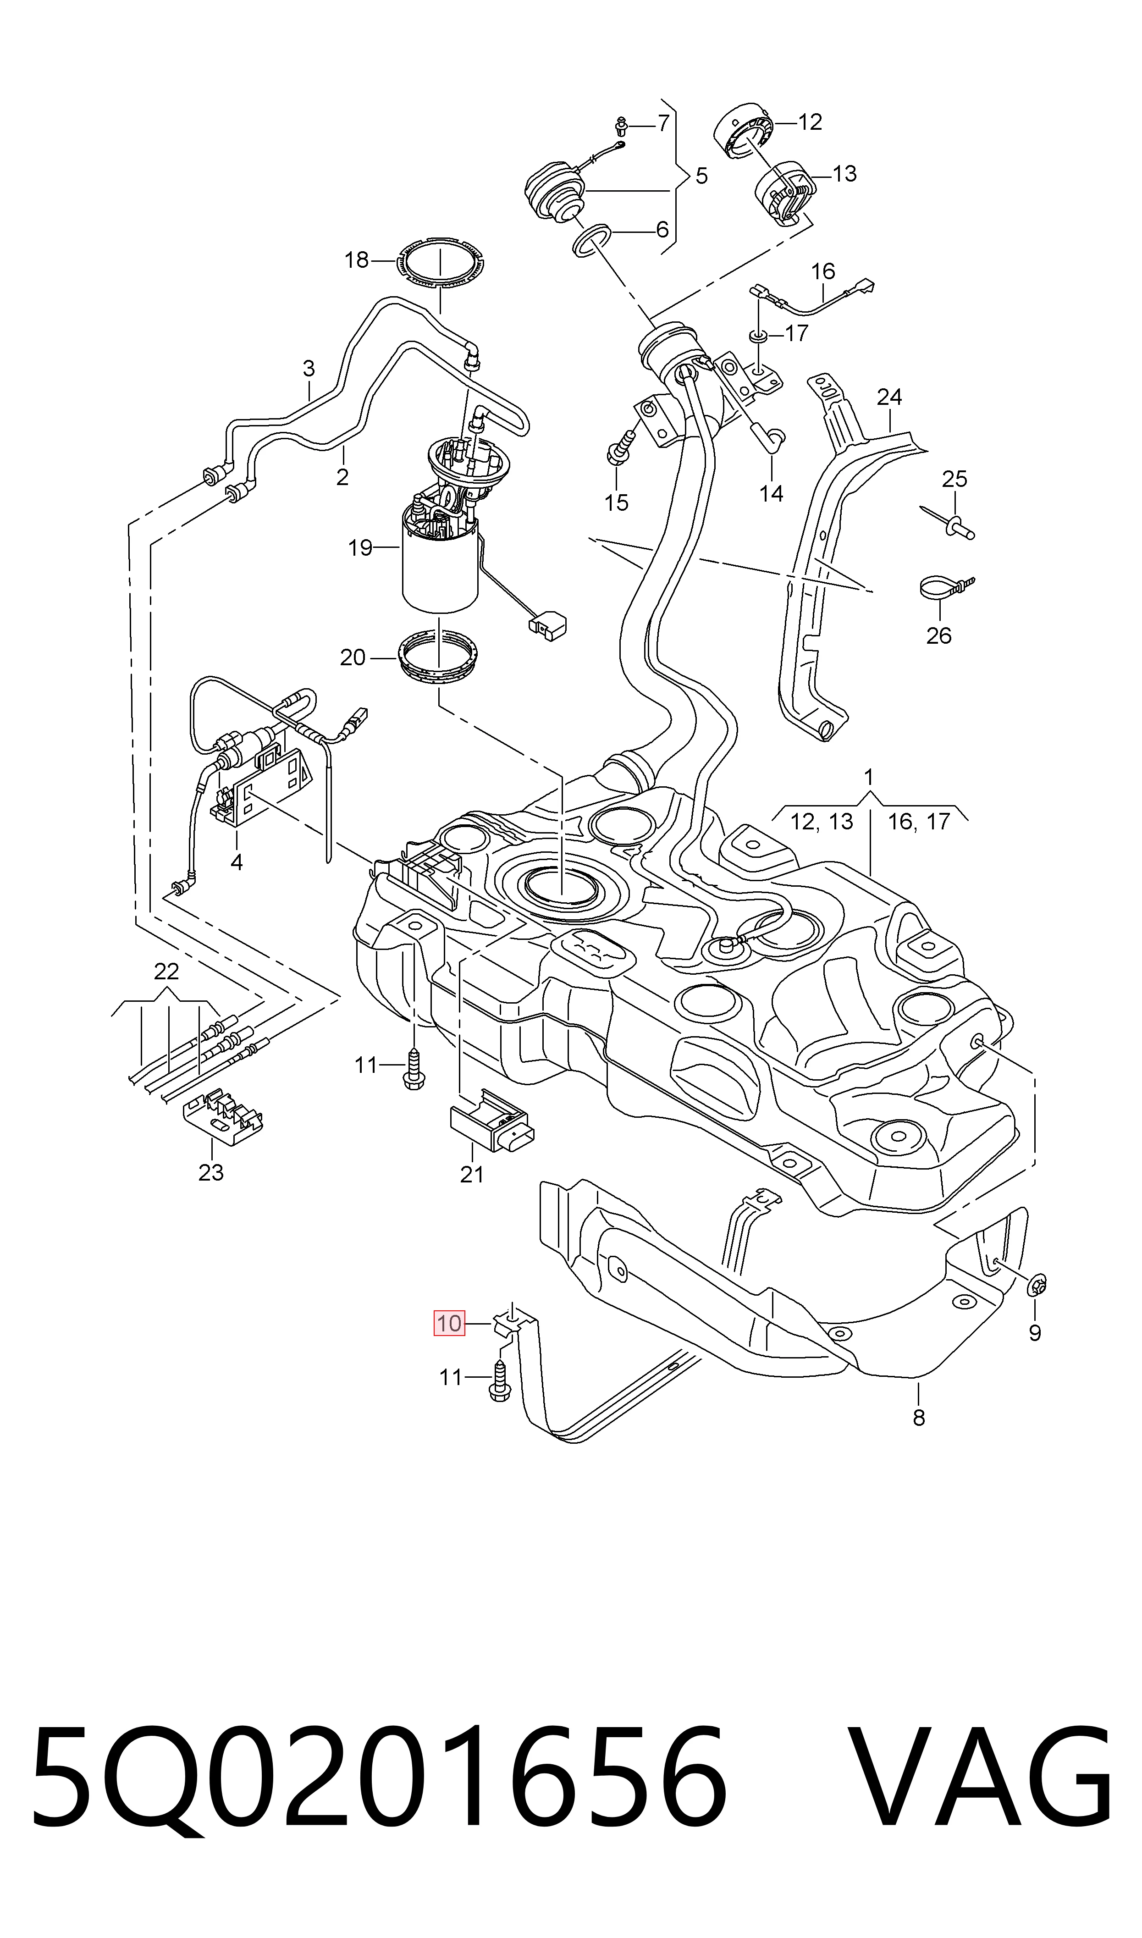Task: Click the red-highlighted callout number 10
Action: tap(449, 1323)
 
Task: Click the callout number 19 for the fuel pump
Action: tap(360, 548)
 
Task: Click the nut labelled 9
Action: tap(1038, 1282)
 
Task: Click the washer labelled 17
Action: tap(758, 336)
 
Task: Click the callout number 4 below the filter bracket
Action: tap(236, 862)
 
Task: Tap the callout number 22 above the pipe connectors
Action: tap(166, 972)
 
